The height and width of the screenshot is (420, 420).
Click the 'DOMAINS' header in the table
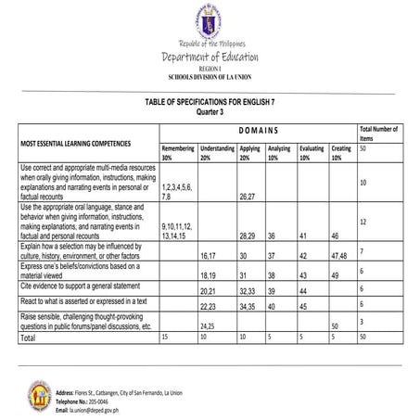259,131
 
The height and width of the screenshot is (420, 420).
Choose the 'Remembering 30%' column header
176,152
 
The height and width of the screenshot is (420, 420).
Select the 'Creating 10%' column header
340,152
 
